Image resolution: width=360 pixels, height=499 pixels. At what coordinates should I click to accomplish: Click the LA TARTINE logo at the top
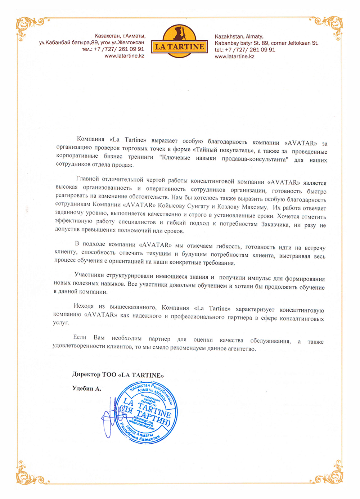point(179,46)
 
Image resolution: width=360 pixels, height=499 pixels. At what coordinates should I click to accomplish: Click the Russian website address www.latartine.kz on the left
point(124,56)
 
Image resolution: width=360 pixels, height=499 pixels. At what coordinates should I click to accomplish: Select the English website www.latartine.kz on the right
point(234,57)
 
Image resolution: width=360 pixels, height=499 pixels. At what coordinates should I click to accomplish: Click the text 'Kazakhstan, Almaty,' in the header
point(239,36)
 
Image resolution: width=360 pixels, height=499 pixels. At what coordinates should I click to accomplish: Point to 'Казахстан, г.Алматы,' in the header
point(120,36)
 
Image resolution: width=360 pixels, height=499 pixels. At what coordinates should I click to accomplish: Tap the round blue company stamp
point(148,412)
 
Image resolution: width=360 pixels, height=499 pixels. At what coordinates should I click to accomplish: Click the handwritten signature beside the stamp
point(110,418)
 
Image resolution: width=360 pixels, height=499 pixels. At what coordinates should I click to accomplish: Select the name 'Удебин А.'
point(87,388)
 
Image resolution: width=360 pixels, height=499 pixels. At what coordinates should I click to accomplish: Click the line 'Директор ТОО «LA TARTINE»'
point(118,375)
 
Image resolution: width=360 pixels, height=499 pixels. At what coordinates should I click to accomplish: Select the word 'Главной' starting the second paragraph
point(87,179)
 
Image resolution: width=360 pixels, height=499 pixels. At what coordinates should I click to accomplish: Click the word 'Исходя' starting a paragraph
point(84,306)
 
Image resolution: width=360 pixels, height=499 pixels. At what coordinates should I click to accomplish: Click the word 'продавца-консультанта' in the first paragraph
point(255,159)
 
